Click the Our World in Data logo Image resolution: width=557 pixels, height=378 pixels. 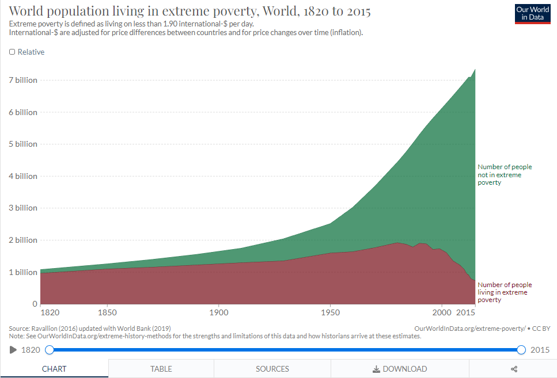(x=532, y=14)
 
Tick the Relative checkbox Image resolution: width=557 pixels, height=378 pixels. (x=13, y=52)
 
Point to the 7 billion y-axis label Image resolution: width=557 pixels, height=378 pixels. (x=23, y=80)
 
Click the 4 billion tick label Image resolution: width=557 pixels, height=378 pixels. (x=23, y=176)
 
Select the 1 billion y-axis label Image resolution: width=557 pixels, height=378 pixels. (x=23, y=272)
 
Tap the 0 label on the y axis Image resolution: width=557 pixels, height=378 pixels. (x=35, y=304)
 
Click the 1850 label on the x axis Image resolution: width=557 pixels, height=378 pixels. (x=107, y=312)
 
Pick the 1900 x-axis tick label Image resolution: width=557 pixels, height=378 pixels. (x=218, y=312)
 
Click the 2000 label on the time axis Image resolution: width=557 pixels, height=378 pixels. (x=441, y=312)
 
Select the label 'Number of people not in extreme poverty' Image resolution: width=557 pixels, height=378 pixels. (x=505, y=175)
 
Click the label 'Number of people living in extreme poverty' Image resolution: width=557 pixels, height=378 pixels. (x=505, y=292)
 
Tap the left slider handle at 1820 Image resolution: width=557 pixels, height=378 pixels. (x=50, y=350)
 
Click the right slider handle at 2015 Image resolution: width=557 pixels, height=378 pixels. (x=521, y=350)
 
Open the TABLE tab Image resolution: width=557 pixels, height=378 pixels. (x=161, y=369)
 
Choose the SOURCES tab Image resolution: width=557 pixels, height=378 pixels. (x=272, y=369)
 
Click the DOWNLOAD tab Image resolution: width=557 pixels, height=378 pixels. (x=400, y=369)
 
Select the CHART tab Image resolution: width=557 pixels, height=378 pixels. (x=54, y=369)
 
